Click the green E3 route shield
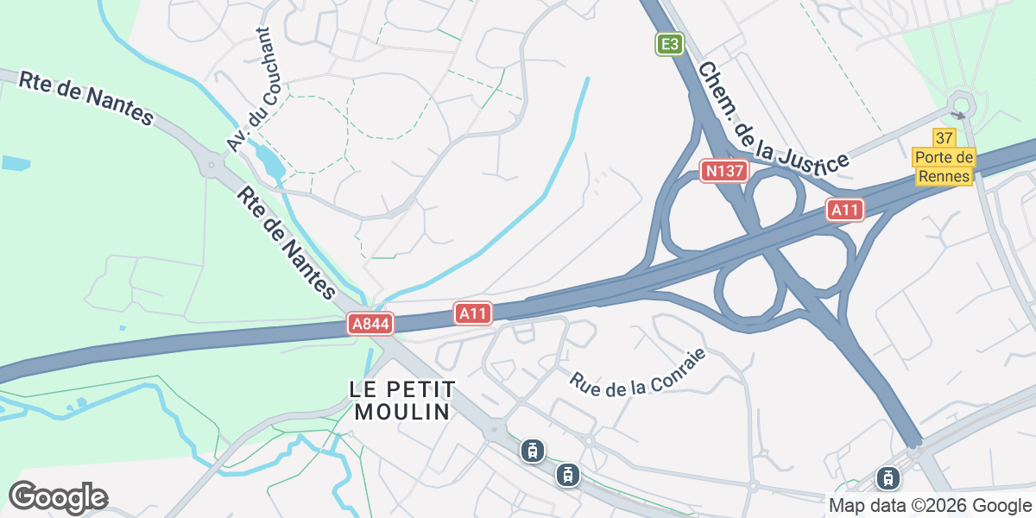tap(670, 44)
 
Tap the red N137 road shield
tap(723, 171)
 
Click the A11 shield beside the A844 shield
tap(473, 313)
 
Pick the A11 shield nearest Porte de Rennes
tap(845, 209)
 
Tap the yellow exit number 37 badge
tap(944, 138)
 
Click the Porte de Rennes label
tap(944, 167)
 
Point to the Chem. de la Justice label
tap(774, 117)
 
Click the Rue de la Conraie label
tap(638, 372)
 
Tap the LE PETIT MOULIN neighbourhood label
tap(402, 400)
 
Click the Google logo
tap(58, 496)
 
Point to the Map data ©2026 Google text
tap(930, 505)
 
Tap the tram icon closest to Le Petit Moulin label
tap(533, 451)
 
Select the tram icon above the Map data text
tap(888, 477)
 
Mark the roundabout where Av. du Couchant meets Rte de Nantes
tap(211, 163)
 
